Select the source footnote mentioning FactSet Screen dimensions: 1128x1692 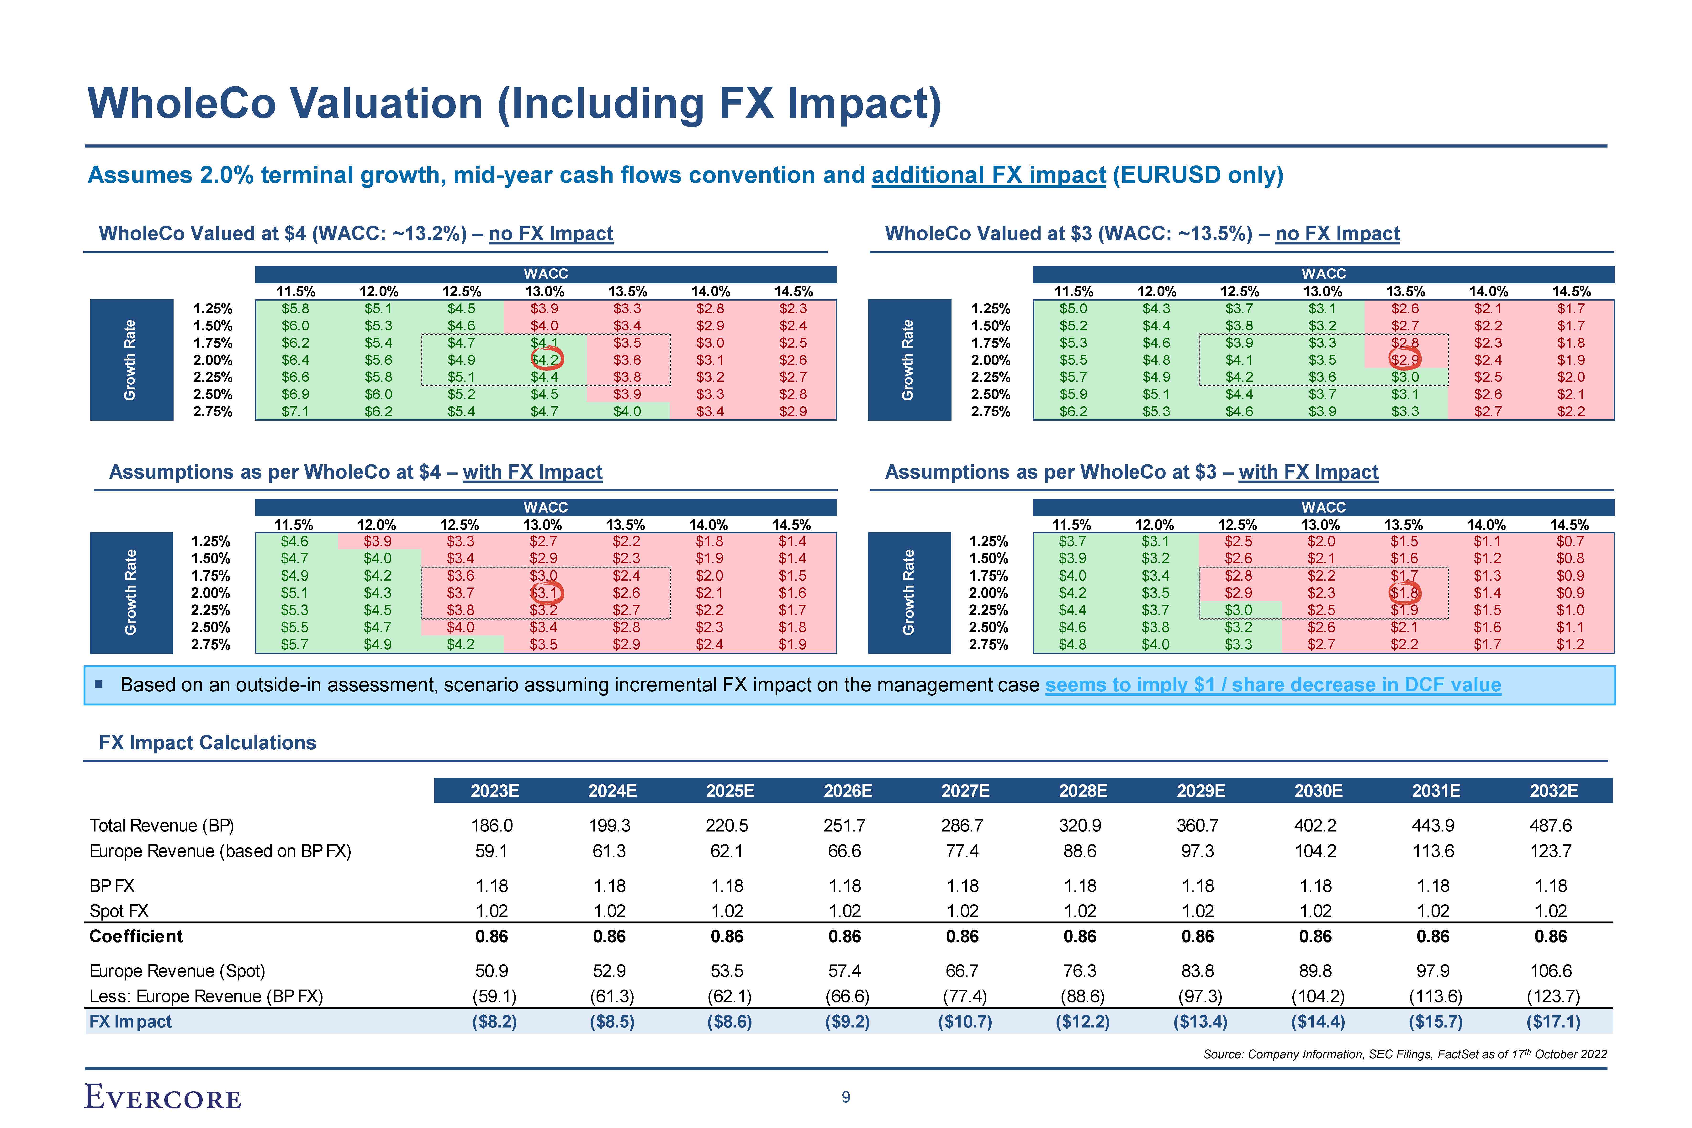pos(1404,1054)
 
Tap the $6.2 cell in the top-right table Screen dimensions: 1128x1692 pos(1073,412)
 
